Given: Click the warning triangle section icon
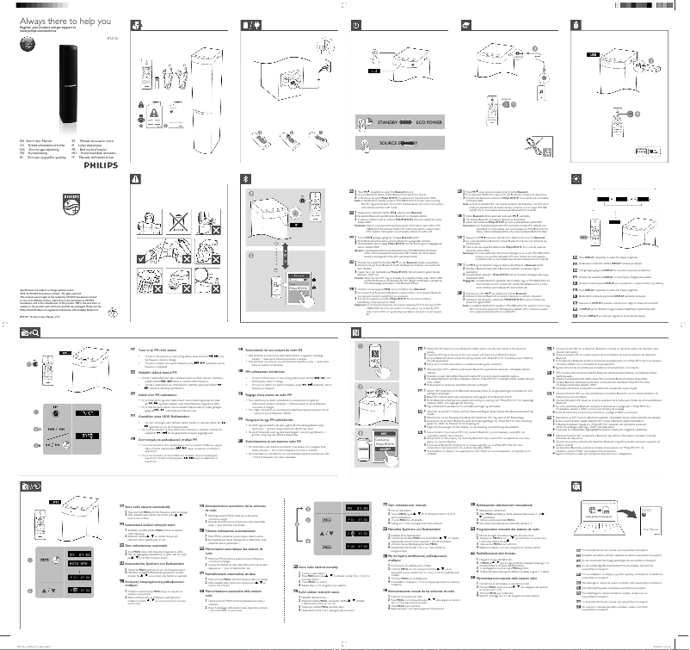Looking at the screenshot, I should click(x=133, y=178).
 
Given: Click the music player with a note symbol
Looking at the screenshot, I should click(x=542, y=90).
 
